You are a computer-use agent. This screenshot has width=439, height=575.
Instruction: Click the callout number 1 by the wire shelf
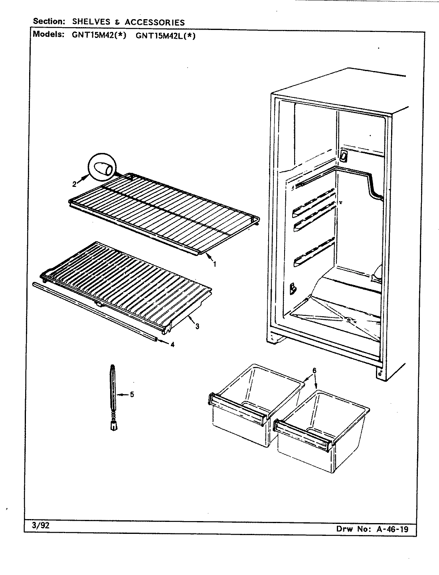(214, 264)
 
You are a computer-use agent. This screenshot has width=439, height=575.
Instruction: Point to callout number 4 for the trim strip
(172, 345)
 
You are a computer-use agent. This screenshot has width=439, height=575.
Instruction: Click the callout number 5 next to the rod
(132, 395)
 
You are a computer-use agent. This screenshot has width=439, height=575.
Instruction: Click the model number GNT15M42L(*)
(166, 35)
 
